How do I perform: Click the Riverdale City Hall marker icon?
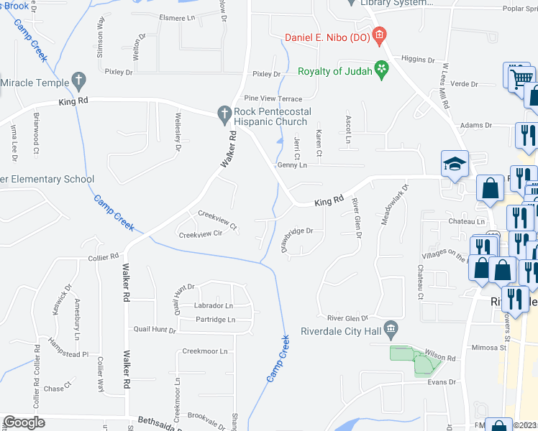coord(391,330)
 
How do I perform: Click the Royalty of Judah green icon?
coord(380,70)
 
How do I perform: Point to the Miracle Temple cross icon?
coord(78,80)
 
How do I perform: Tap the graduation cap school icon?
coord(456,164)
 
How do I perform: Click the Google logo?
coord(24,422)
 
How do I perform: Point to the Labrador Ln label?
coord(214,306)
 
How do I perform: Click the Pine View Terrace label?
coord(273,98)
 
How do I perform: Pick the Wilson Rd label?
coord(440,358)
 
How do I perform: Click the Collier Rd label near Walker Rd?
coord(104,256)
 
